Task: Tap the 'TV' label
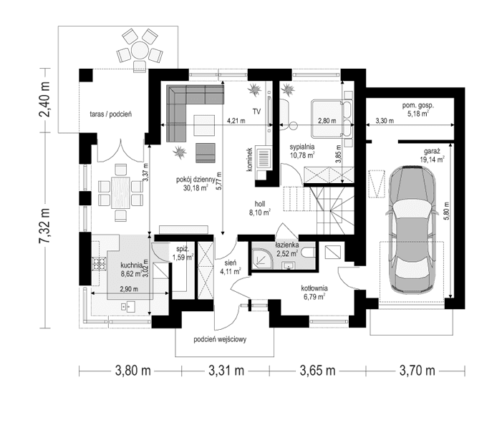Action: [x=255, y=111]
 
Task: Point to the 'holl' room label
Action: [x=259, y=203]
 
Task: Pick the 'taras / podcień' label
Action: [x=110, y=113]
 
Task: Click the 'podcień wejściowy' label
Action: [x=220, y=340]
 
